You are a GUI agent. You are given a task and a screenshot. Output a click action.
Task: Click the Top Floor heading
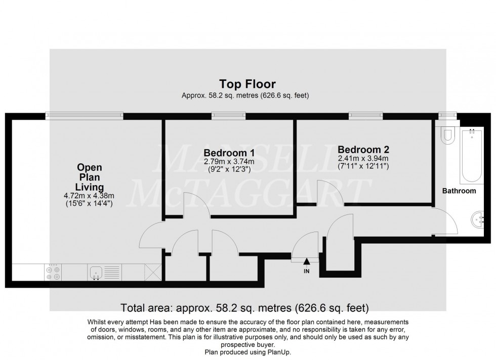(x=247, y=84)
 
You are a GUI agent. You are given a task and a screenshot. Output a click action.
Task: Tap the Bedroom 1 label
(x=229, y=153)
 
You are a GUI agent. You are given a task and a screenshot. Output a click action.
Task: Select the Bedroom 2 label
(x=363, y=150)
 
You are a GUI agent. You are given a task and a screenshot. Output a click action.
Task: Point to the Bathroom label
(x=459, y=191)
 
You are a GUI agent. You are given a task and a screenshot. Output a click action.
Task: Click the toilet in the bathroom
(x=446, y=136)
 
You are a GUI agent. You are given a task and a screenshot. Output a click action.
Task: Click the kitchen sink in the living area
(x=96, y=273)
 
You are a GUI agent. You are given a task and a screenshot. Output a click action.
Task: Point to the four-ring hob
(x=53, y=273)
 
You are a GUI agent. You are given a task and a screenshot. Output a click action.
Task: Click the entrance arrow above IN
(x=307, y=261)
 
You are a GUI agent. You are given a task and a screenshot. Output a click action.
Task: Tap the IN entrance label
(x=307, y=271)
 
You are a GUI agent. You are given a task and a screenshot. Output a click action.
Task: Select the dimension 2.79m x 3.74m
(x=229, y=162)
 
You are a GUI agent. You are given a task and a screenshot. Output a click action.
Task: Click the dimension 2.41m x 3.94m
(x=363, y=158)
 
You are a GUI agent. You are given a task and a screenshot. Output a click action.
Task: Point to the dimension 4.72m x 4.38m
(x=89, y=196)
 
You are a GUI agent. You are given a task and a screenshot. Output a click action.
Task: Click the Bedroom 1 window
(x=229, y=116)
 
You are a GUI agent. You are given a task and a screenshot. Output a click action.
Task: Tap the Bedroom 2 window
(x=365, y=116)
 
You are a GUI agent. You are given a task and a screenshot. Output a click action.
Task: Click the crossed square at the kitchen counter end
(x=153, y=273)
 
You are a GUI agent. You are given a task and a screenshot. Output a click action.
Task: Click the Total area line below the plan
(x=245, y=307)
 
